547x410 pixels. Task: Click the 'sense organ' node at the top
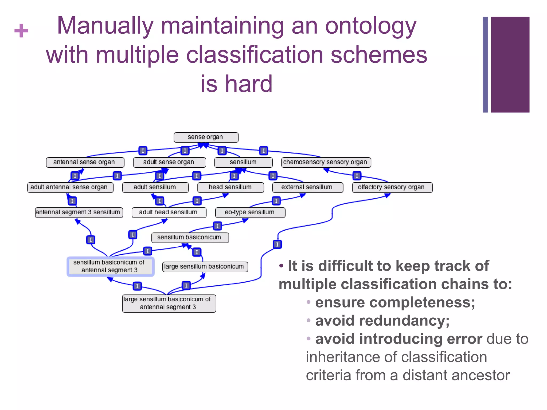pos(206,137)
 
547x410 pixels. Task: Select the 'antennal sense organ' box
pos(85,162)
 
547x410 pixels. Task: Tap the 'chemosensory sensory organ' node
pos(326,162)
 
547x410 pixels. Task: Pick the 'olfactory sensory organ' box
pos(392,187)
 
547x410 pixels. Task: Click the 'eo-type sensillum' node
pos(250,212)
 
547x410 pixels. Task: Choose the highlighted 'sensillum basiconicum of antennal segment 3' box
pos(110,266)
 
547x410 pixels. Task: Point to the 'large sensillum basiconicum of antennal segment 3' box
pos(169,303)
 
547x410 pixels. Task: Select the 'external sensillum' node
pos(307,187)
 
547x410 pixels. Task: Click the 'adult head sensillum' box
pos(169,212)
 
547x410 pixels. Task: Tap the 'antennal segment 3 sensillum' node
pos(79,212)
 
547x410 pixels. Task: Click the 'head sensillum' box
pos(230,187)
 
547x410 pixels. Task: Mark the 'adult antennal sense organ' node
pos(70,187)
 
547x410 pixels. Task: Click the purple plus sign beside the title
pos(21,31)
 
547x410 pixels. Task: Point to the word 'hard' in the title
pos(249,84)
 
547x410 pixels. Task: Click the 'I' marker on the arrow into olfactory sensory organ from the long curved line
pos(277,244)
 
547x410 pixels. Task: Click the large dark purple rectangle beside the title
pos(510,65)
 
